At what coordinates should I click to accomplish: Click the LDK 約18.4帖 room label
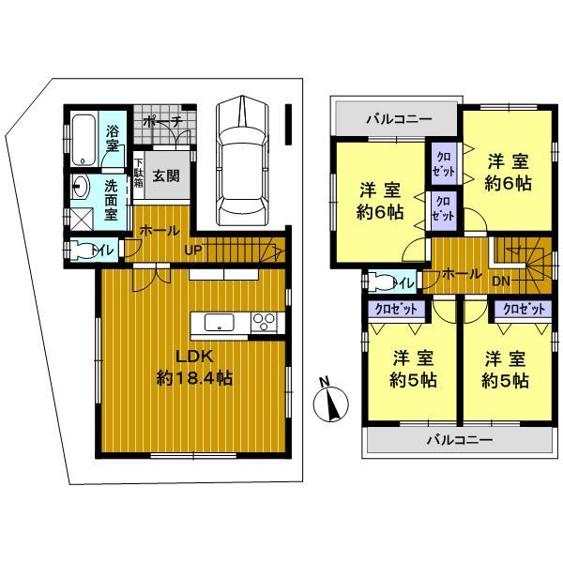pyautogui.click(x=193, y=368)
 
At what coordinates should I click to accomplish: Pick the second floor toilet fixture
pyautogui.click(x=384, y=280)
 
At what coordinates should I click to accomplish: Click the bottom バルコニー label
pyautogui.click(x=460, y=439)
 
